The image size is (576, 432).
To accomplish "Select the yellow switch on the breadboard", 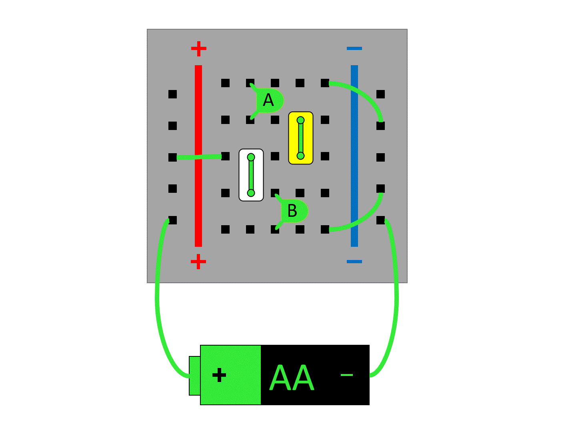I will click(301, 138).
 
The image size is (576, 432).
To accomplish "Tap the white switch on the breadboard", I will click(251, 175).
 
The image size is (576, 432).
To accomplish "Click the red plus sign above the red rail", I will click(199, 49).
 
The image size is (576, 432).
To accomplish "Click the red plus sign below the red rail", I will click(198, 262).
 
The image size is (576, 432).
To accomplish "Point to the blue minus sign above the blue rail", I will click(354, 48).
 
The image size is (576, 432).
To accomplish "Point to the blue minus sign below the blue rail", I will click(354, 262).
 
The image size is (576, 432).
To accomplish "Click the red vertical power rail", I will click(198, 120).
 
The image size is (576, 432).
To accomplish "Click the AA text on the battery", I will click(292, 378).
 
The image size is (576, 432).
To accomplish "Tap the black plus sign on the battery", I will click(219, 375).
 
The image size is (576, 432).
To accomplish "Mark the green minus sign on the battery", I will click(347, 375).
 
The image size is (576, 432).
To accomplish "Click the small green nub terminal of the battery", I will click(194, 376).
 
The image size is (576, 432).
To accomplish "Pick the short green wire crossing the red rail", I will click(199, 157).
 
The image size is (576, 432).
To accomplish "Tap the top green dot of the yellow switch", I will click(301, 120).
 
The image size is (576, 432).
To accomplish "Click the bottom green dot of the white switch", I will click(251, 193).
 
